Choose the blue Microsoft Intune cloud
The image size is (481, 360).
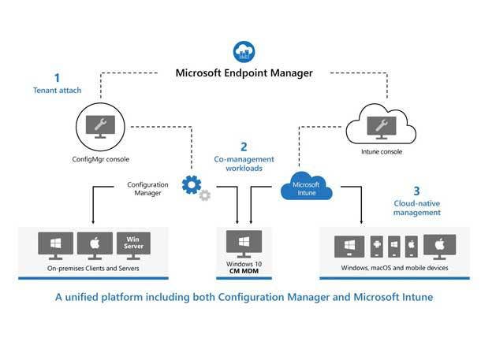click(x=305, y=187)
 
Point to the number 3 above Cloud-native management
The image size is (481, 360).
click(x=416, y=191)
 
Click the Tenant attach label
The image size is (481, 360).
click(x=56, y=91)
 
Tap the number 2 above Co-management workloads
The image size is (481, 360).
click(x=244, y=147)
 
